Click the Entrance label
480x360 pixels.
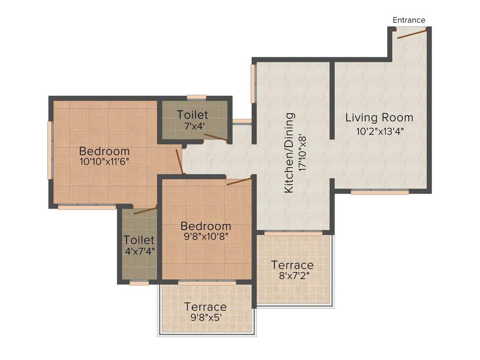409,20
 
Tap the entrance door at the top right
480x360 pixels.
412,33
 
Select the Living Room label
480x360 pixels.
379,117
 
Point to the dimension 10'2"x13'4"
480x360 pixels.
379,131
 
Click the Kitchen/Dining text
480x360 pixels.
290,153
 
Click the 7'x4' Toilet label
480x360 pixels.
192,114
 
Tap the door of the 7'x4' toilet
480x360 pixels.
216,137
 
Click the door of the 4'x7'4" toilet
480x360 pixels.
145,210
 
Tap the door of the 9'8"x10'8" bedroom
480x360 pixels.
239,181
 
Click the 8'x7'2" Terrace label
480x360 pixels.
292,265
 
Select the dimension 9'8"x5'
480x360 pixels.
205,317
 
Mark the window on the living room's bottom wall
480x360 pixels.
380,192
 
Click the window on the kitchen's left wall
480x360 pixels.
253,83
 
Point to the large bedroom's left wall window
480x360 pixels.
50,150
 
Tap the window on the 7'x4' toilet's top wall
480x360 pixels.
196,97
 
